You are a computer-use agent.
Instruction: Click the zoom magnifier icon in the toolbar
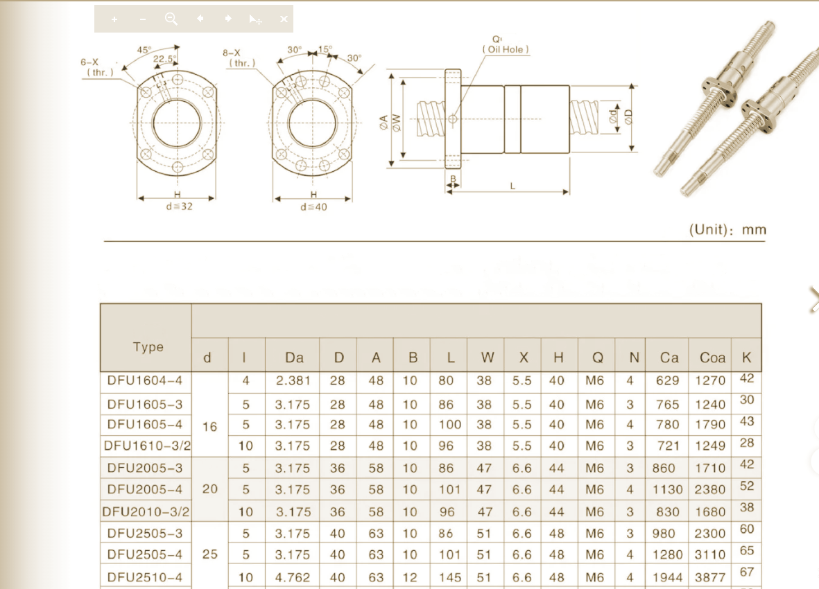171,19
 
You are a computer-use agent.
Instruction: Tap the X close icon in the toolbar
284,19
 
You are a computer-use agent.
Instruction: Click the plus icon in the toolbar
114,19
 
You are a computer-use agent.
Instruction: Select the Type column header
148,347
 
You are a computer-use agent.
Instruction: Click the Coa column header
712,358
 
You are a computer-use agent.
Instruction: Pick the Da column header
294,358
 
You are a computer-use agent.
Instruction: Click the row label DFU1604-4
145,380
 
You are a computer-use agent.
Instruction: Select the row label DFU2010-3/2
146,512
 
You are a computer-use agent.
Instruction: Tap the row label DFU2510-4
145,577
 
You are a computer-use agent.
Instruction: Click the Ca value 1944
668,577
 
